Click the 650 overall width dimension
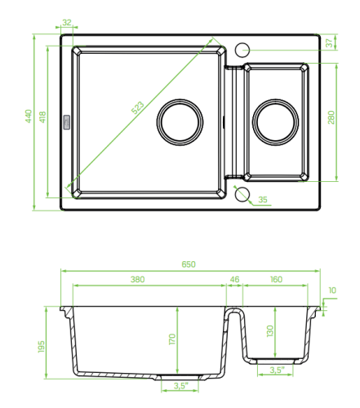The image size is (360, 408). click(x=189, y=264)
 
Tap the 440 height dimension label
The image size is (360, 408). click(x=29, y=116)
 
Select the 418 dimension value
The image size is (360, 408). click(x=43, y=118)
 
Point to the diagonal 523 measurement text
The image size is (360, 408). click(x=138, y=108)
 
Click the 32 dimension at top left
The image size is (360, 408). click(x=67, y=22)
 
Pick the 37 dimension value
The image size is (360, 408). click(x=330, y=42)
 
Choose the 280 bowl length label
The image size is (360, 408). click(x=331, y=118)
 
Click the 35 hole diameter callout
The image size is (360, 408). click(x=263, y=200)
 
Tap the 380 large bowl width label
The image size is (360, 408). click(x=138, y=279)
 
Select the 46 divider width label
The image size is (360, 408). click(x=234, y=279)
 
